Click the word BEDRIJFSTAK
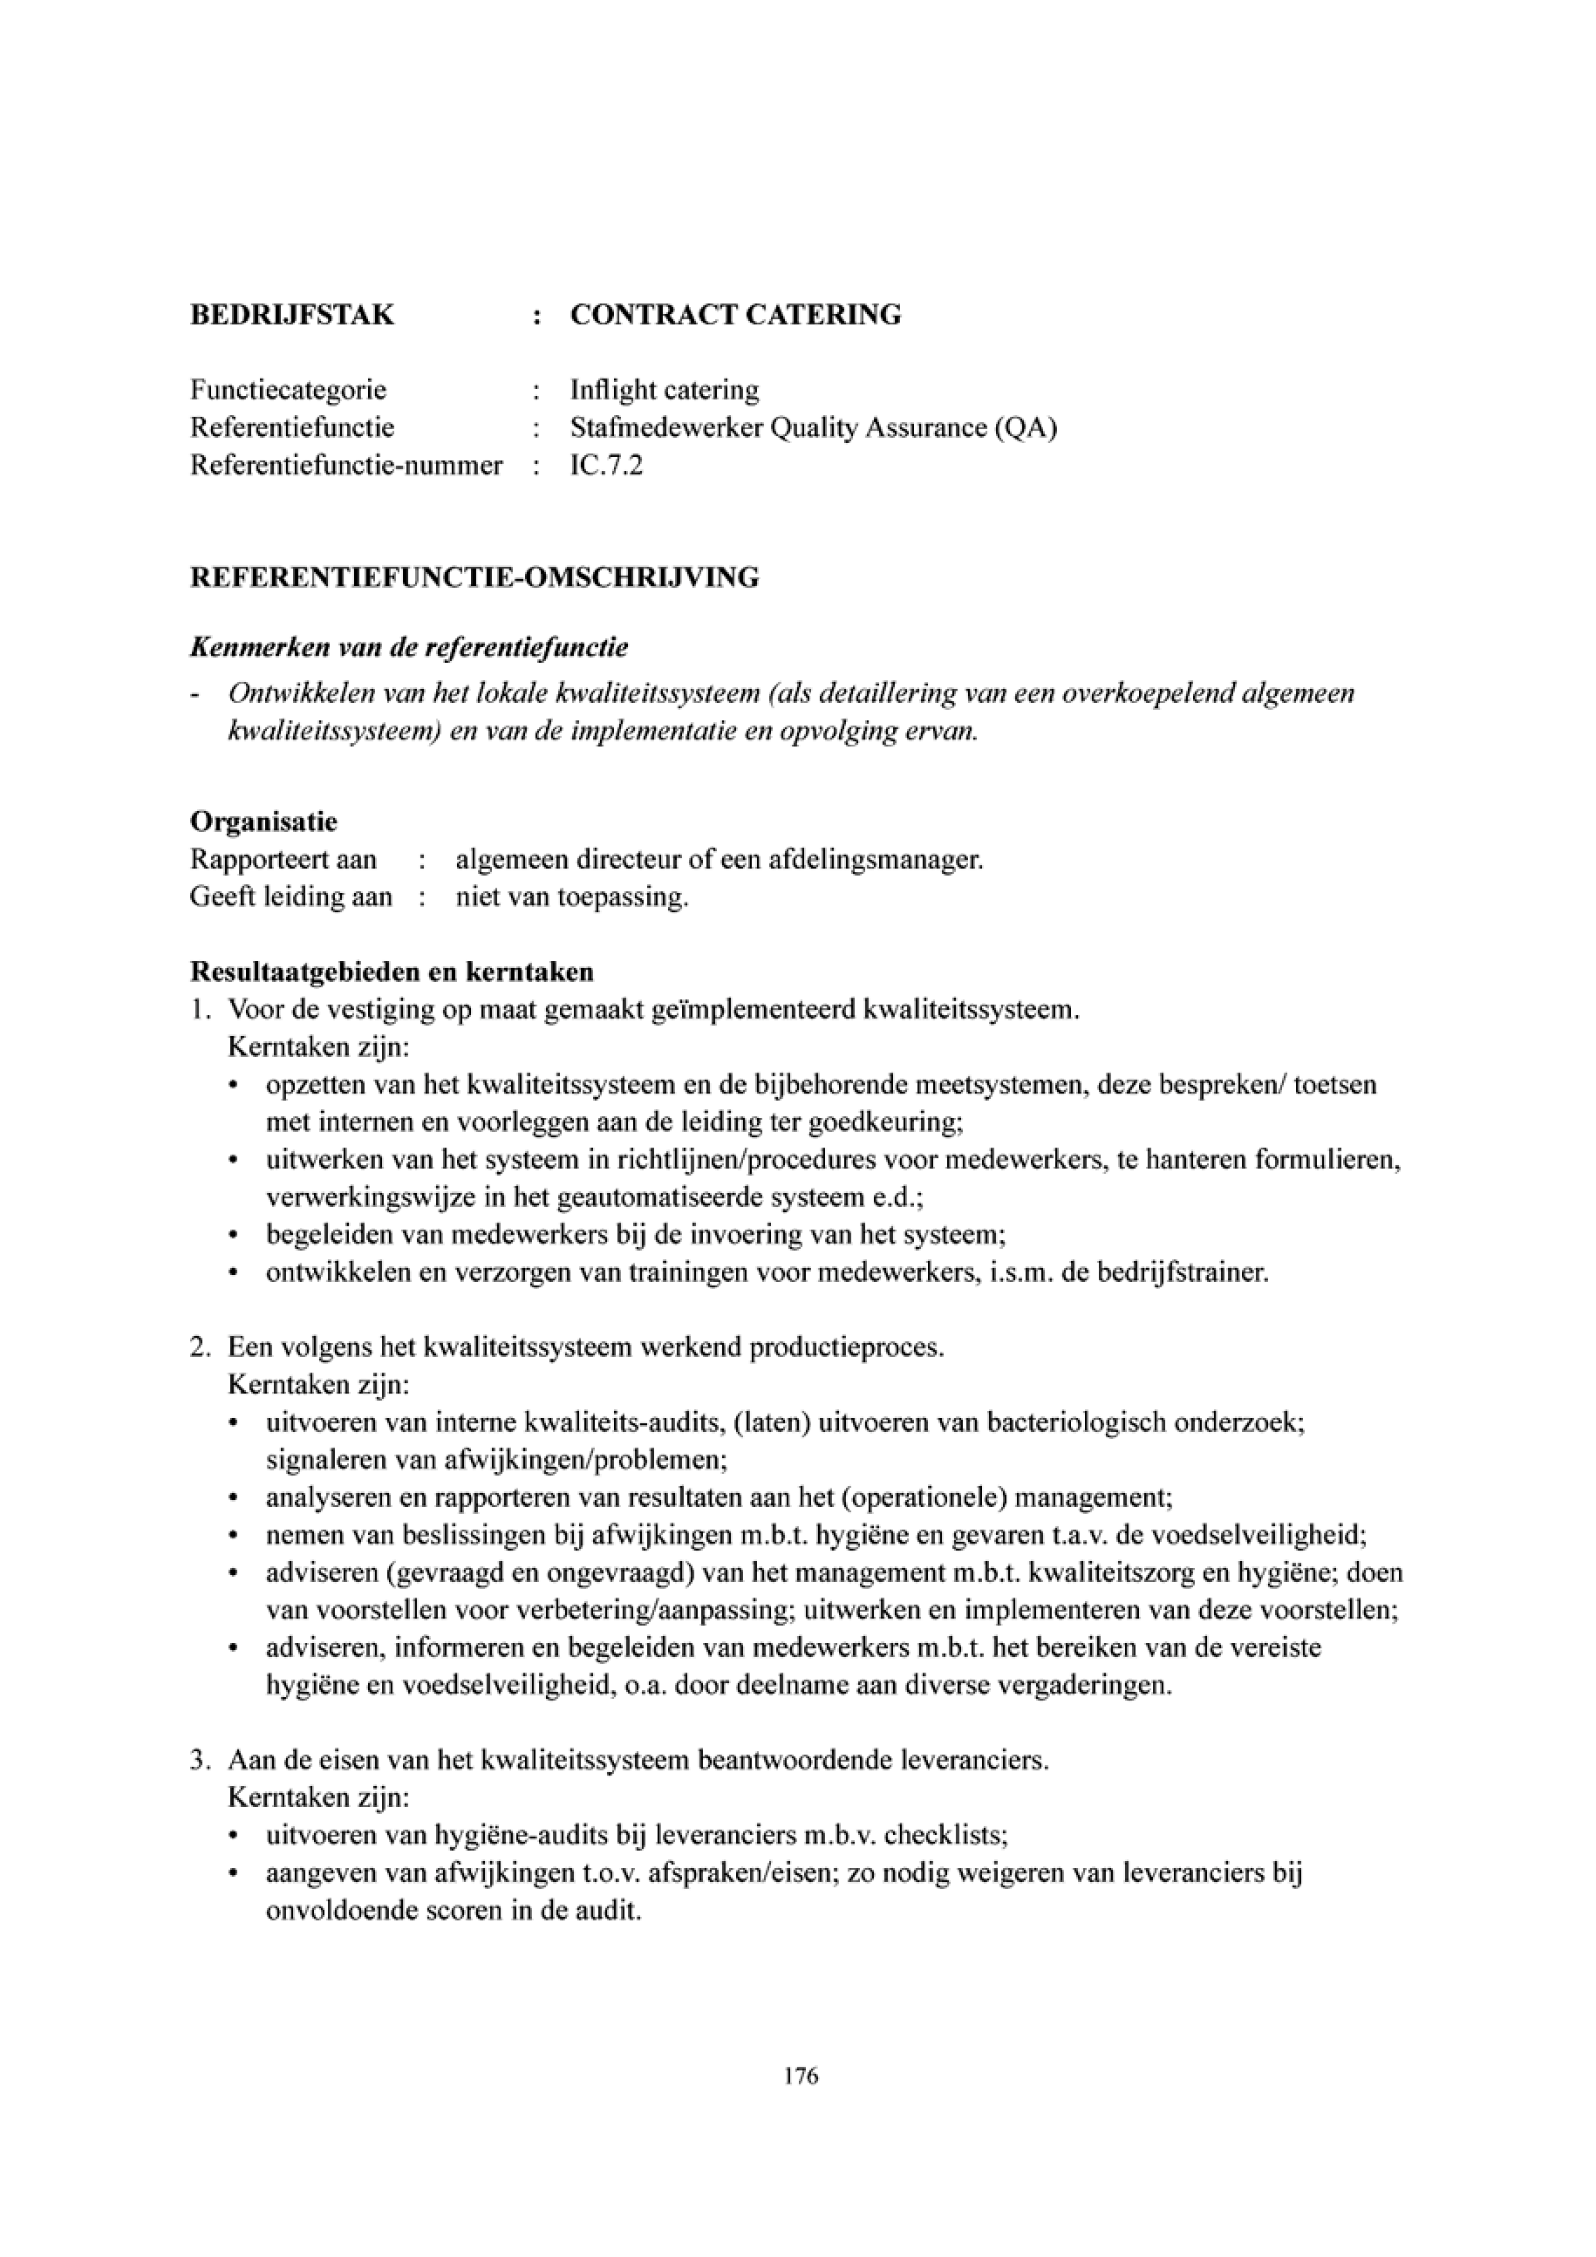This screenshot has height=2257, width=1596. tap(292, 315)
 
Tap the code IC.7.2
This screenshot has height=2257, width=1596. tap(606, 465)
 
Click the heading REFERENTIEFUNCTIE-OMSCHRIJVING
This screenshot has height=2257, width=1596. tap(474, 577)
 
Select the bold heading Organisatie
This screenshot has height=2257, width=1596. tap(263, 821)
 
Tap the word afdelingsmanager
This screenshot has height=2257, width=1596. tap(876, 860)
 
